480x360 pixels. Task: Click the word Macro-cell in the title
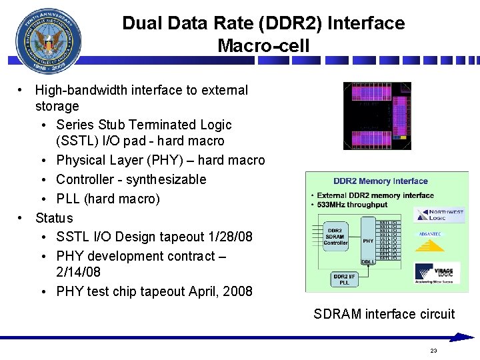click(263, 46)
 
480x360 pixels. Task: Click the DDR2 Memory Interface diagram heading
click(381, 181)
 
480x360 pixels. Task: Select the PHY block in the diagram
click(368, 240)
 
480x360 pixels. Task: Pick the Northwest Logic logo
click(439, 215)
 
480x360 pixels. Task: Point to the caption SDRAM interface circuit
click(384, 314)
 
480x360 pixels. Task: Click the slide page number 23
click(433, 351)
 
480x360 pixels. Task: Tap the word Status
click(54, 218)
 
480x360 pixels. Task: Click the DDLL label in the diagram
click(368, 262)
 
